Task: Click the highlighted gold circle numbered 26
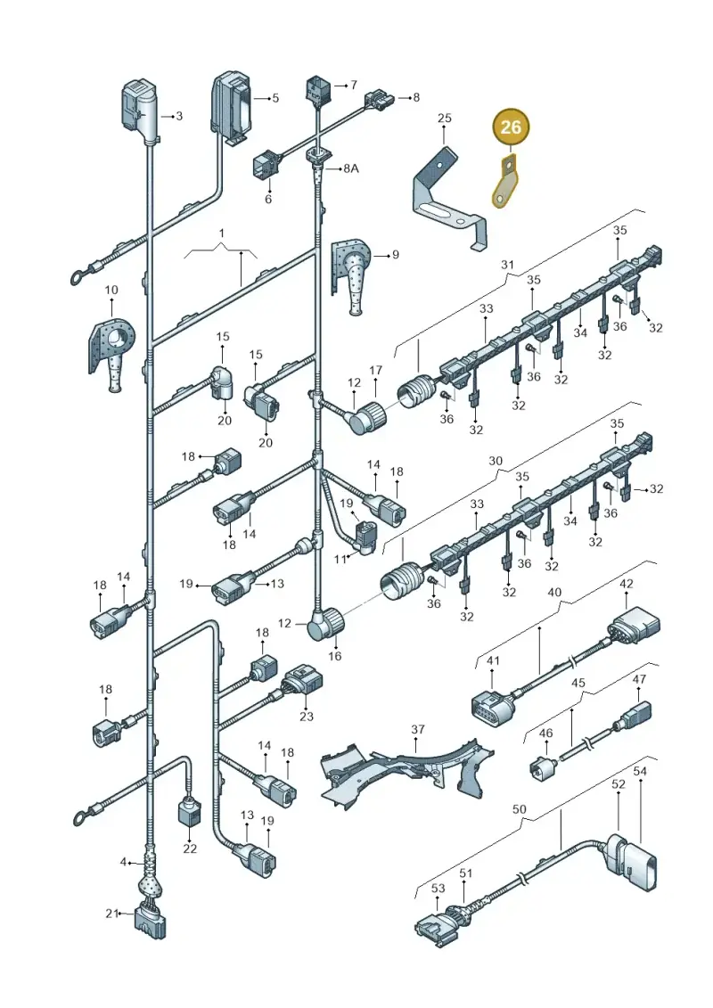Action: [511, 127]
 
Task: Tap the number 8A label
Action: [350, 168]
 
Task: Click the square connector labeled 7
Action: [318, 89]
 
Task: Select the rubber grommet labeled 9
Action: [352, 275]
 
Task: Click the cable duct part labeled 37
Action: [406, 769]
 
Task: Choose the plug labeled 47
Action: [636, 714]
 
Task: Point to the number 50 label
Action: [520, 808]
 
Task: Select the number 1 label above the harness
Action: [221, 233]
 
